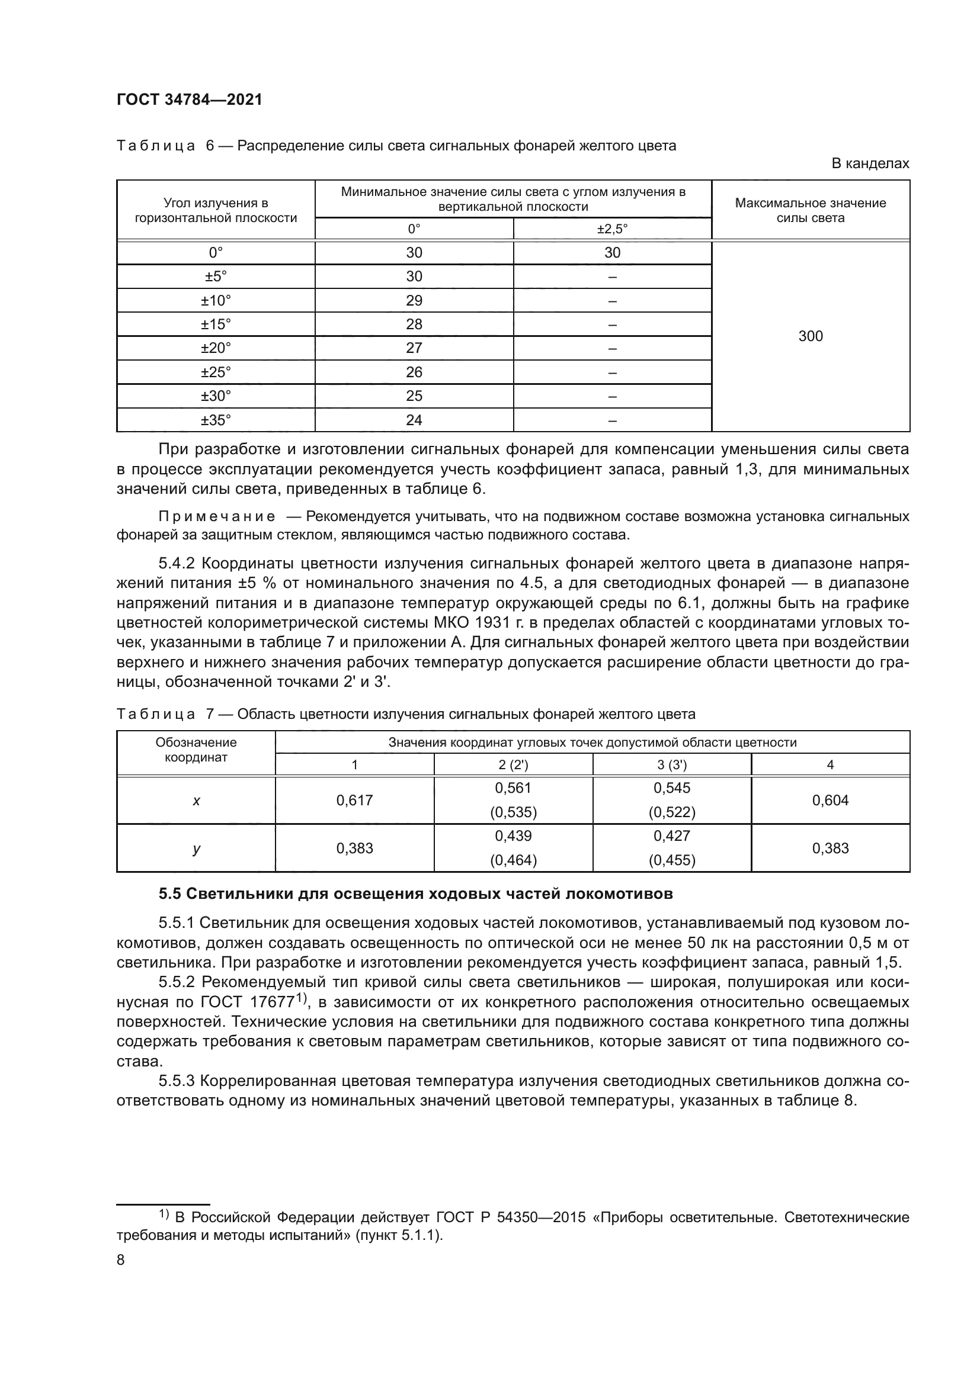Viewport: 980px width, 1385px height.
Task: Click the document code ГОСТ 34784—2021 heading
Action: click(190, 100)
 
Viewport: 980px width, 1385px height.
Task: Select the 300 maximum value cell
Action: click(810, 336)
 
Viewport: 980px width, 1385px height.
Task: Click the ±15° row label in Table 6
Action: click(216, 324)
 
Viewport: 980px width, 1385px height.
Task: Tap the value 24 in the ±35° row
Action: click(414, 420)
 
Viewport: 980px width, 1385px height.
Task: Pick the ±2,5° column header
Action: click(612, 229)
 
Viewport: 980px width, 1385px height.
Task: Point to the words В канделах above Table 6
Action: click(870, 163)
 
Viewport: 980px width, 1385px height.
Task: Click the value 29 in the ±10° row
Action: click(414, 300)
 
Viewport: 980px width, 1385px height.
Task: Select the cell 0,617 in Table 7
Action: click(354, 800)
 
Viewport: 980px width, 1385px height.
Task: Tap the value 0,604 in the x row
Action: click(830, 800)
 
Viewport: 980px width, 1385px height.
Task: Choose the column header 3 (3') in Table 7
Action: click(672, 764)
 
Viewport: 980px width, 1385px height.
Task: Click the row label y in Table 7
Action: click(196, 848)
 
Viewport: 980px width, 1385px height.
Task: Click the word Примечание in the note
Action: click(217, 516)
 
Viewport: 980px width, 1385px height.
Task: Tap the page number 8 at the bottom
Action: click(120, 1260)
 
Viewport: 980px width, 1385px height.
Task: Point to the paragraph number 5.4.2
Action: click(177, 563)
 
